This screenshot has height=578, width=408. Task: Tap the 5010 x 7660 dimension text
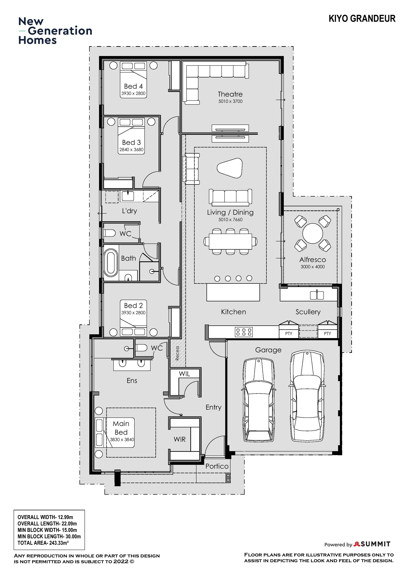[230, 219]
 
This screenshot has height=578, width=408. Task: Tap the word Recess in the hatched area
[177, 353]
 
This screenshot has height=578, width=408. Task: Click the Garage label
[268, 350]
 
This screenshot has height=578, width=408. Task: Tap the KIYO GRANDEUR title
[362, 19]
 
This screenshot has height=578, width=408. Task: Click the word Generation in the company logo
[60, 31]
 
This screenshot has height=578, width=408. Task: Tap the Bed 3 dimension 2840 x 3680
[131, 150]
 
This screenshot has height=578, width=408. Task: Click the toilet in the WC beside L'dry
[109, 233]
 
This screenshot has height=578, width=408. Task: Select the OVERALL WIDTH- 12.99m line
[45, 517]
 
